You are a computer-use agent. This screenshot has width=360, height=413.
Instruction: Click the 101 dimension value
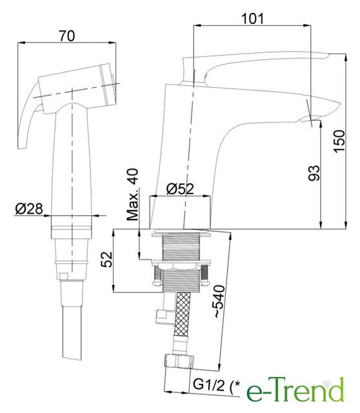pyautogui.click(x=252, y=18)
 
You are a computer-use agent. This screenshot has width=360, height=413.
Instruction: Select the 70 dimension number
pyautogui.click(x=67, y=36)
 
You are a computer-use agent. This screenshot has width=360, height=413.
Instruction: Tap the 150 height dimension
pyautogui.click(x=339, y=141)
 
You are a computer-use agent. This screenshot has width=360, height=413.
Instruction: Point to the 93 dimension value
pyautogui.click(x=314, y=173)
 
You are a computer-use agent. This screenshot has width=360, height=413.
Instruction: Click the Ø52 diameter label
pyautogui.click(x=180, y=188)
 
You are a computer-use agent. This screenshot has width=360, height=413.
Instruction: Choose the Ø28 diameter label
pyautogui.click(x=29, y=208)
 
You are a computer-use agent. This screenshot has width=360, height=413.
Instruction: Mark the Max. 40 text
pyautogui.click(x=132, y=194)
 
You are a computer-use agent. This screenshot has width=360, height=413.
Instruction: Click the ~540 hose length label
pyautogui.click(x=219, y=301)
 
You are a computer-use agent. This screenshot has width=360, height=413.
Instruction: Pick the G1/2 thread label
pyautogui.click(x=209, y=386)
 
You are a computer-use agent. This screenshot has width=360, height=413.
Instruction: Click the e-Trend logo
pyautogui.click(x=295, y=390)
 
